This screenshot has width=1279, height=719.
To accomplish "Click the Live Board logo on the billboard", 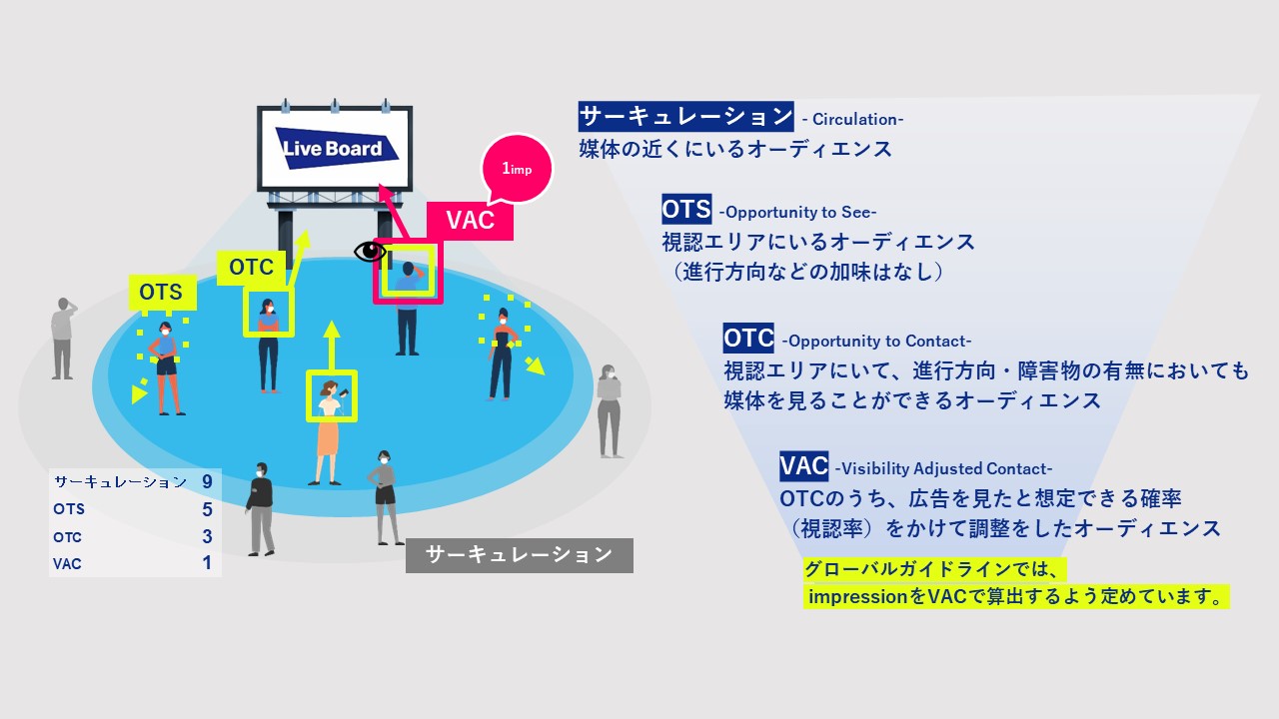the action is (337, 149).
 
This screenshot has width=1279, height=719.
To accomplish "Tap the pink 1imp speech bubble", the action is (518, 169).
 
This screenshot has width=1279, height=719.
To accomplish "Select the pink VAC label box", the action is (470, 221).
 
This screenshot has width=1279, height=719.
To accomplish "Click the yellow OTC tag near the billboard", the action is (251, 267).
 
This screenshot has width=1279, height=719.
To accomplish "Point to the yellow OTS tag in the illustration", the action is (162, 293).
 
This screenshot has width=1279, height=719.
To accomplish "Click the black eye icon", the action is (370, 251).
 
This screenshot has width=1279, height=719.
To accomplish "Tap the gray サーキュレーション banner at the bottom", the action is (519, 555).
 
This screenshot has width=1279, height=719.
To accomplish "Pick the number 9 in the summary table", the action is (207, 481).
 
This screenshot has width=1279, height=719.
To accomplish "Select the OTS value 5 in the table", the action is (207, 509).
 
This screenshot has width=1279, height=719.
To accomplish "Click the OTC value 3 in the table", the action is (207, 536).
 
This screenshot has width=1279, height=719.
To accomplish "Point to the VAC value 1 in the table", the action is (207, 563).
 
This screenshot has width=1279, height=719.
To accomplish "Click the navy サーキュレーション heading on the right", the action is (685, 117).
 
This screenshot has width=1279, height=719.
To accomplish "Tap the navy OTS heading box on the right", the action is (686, 209).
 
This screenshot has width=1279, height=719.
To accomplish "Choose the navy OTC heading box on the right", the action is (748, 338).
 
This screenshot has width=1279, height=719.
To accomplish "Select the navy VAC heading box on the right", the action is (804, 466).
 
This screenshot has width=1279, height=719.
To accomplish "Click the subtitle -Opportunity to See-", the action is (797, 213).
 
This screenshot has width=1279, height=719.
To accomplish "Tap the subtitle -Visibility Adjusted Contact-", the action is (943, 469).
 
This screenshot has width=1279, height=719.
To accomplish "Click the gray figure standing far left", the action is (63, 339).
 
